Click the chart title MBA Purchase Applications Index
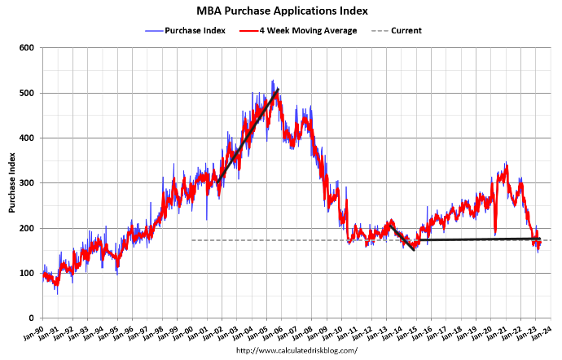click(x=282, y=11)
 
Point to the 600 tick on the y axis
click(x=27, y=48)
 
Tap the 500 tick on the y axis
click(x=27, y=93)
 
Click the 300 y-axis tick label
click(x=27, y=183)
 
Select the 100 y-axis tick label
click(x=27, y=273)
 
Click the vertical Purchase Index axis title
click(x=12, y=183)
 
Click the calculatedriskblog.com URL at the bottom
click(x=296, y=351)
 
